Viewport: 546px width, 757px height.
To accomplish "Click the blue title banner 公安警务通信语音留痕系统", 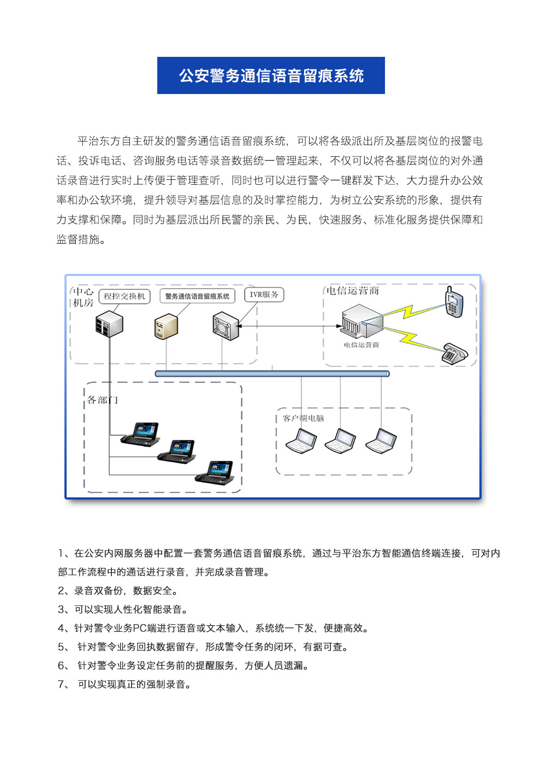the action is tap(271, 75).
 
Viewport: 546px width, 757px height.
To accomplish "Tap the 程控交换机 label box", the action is tap(124, 296).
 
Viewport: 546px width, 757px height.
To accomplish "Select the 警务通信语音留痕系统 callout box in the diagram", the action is tap(197, 296).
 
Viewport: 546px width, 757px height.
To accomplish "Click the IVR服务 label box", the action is tap(264, 295).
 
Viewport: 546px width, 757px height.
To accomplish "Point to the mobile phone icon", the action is tap(454, 302).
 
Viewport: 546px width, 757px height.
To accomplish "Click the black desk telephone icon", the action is tap(455, 354).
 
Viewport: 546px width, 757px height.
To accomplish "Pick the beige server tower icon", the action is tap(166, 326).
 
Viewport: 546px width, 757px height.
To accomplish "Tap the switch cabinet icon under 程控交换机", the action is tap(109, 324).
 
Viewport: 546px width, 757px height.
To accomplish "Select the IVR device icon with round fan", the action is tap(225, 326).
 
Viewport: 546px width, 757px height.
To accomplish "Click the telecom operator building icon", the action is tap(362, 321).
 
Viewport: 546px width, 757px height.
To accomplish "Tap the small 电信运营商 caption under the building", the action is tap(361, 345).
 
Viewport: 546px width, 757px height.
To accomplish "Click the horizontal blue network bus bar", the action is tap(272, 373).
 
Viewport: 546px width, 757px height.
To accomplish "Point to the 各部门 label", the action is tap(102, 400).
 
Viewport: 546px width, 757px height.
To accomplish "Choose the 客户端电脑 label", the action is tap(303, 418).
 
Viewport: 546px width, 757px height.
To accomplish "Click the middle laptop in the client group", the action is tap(340, 441).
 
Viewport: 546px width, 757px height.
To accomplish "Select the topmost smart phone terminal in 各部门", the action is tap(140, 435).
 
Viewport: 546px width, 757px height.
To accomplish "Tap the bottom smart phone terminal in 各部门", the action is tap(215, 473).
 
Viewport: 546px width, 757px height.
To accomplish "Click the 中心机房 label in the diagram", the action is tap(83, 297).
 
